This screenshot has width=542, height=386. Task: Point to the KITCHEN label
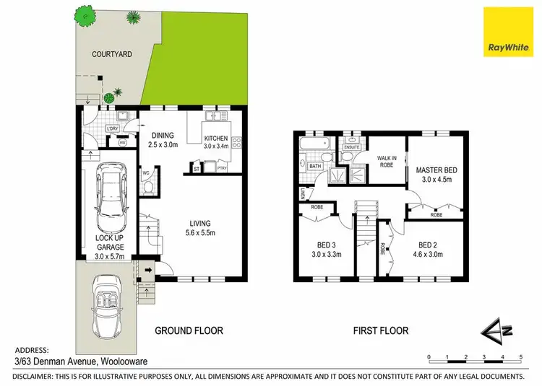pos(215,139)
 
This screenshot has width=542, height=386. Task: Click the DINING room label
pos(163,134)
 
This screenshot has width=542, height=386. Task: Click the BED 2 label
pos(429,244)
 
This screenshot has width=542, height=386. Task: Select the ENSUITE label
pos(352,146)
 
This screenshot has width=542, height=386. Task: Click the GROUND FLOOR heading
pos(190,331)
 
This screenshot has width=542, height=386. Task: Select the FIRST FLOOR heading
pos(381,331)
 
